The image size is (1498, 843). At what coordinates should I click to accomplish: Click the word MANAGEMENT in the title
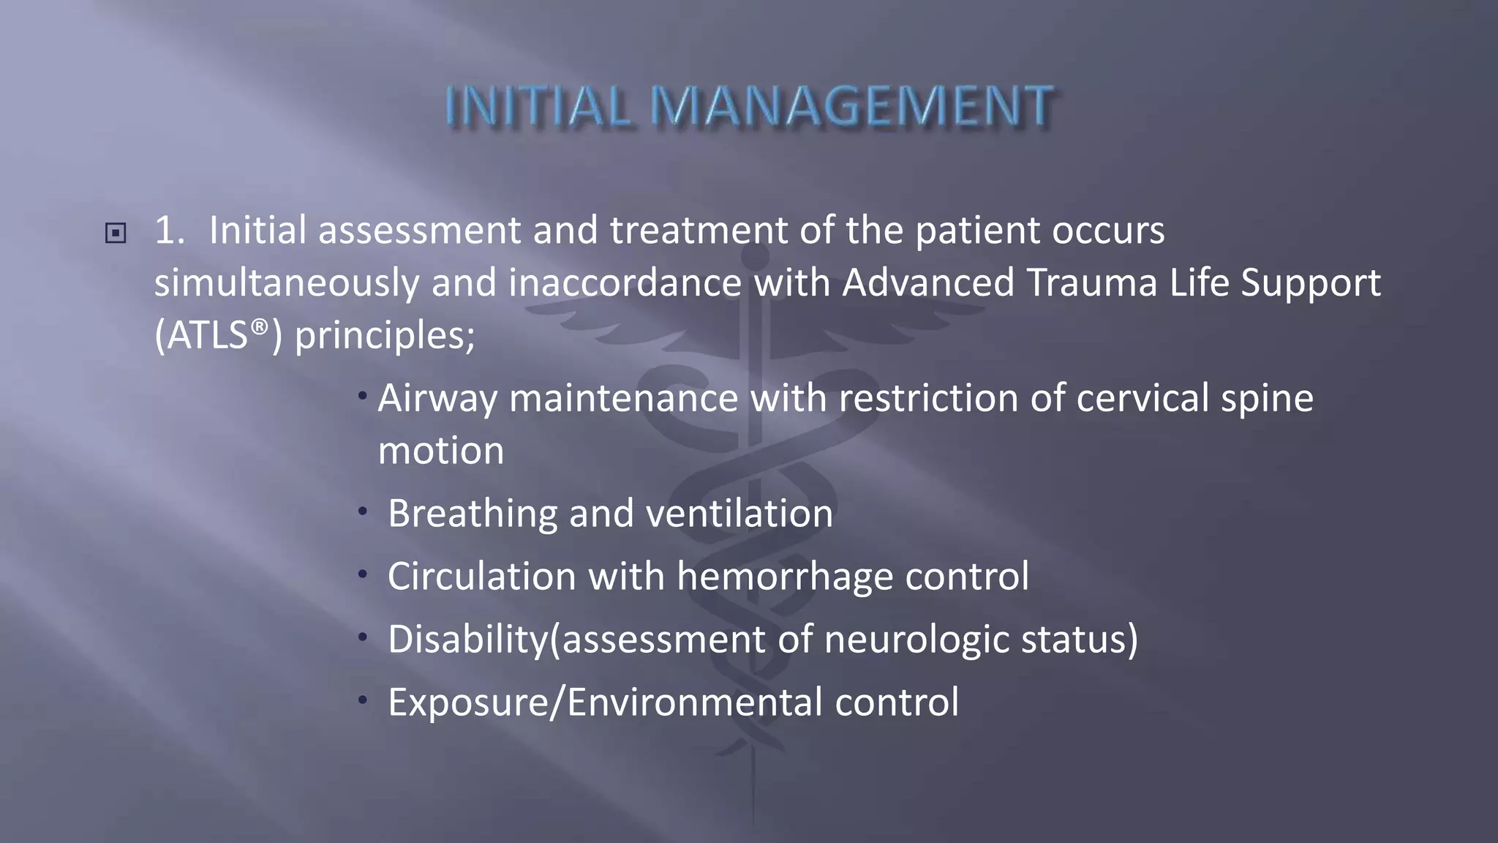852,106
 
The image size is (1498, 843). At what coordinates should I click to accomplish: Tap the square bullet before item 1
116,233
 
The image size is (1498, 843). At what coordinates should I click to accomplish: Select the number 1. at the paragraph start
170,231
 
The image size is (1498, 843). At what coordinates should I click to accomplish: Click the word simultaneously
287,284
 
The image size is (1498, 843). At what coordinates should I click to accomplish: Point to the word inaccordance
625,282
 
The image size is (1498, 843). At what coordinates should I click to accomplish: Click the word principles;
385,337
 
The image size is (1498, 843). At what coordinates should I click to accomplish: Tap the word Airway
437,400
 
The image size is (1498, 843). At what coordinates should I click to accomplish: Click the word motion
441,451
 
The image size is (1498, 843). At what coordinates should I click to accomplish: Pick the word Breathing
473,514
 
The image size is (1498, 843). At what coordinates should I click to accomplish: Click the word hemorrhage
785,577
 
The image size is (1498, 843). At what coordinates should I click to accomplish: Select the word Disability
468,640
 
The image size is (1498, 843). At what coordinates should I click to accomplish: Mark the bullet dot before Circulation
362,574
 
